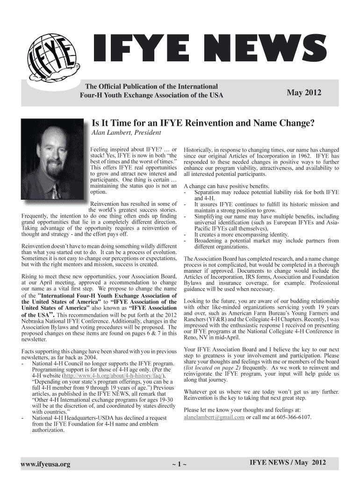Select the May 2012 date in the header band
[304, 93]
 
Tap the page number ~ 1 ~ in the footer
[180, 464]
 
